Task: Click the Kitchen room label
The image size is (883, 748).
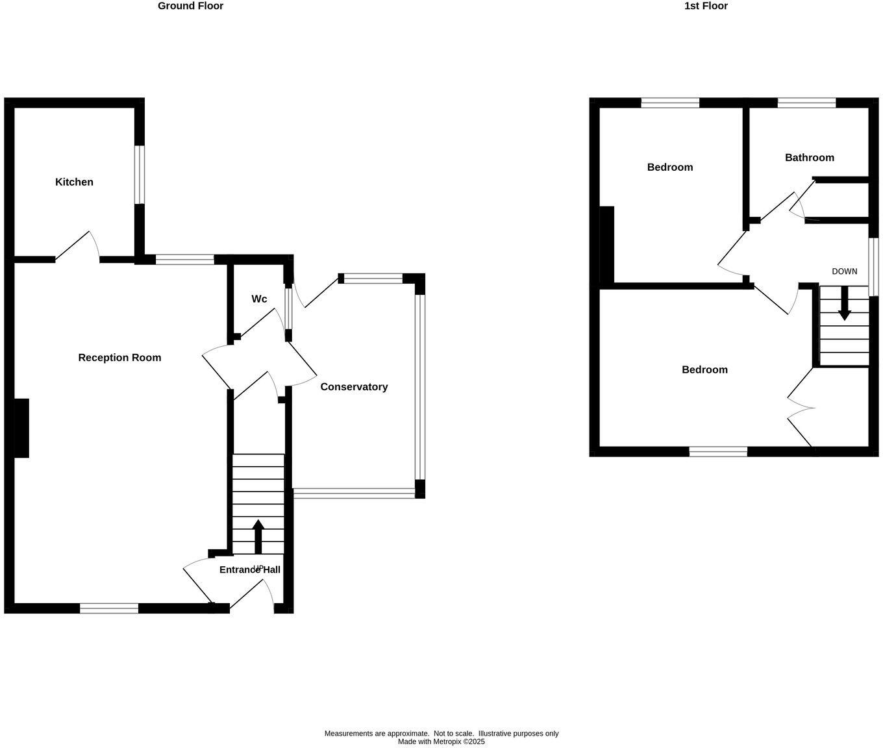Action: pyautogui.click(x=74, y=182)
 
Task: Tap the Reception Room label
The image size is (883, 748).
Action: pyautogui.click(x=119, y=357)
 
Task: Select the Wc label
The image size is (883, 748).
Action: pyautogui.click(x=259, y=299)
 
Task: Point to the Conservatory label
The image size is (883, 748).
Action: pyautogui.click(x=354, y=386)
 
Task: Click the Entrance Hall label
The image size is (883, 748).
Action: pyautogui.click(x=249, y=569)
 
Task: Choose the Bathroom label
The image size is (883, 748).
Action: pyautogui.click(x=809, y=157)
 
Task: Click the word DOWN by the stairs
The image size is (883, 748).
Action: pyautogui.click(x=844, y=271)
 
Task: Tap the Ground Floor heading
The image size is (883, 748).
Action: pyautogui.click(x=190, y=6)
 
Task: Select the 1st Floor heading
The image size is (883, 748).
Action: pyautogui.click(x=706, y=6)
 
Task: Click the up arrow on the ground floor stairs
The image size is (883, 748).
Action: pyautogui.click(x=258, y=536)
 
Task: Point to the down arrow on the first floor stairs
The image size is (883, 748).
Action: pyautogui.click(x=844, y=304)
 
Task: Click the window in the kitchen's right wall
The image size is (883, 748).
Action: pyautogui.click(x=140, y=175)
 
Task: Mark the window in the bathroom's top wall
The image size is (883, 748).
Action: pyautogui.click(x=806, y=103)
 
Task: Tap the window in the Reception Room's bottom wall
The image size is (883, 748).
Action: pyautogui.click(x=109, y=608)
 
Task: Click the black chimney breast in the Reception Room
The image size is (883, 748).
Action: pyautogui.click(x=21, y=428)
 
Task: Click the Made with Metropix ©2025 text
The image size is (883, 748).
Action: pyautogui.click(x=441, y=742)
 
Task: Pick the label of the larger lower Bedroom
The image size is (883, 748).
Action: pyautogui.click(x=704, y=369)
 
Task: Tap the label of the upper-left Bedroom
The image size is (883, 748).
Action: pyautogui.click(x=669, y=167)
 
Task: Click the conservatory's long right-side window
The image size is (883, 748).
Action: pyautogui.click(x=420, y=387)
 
